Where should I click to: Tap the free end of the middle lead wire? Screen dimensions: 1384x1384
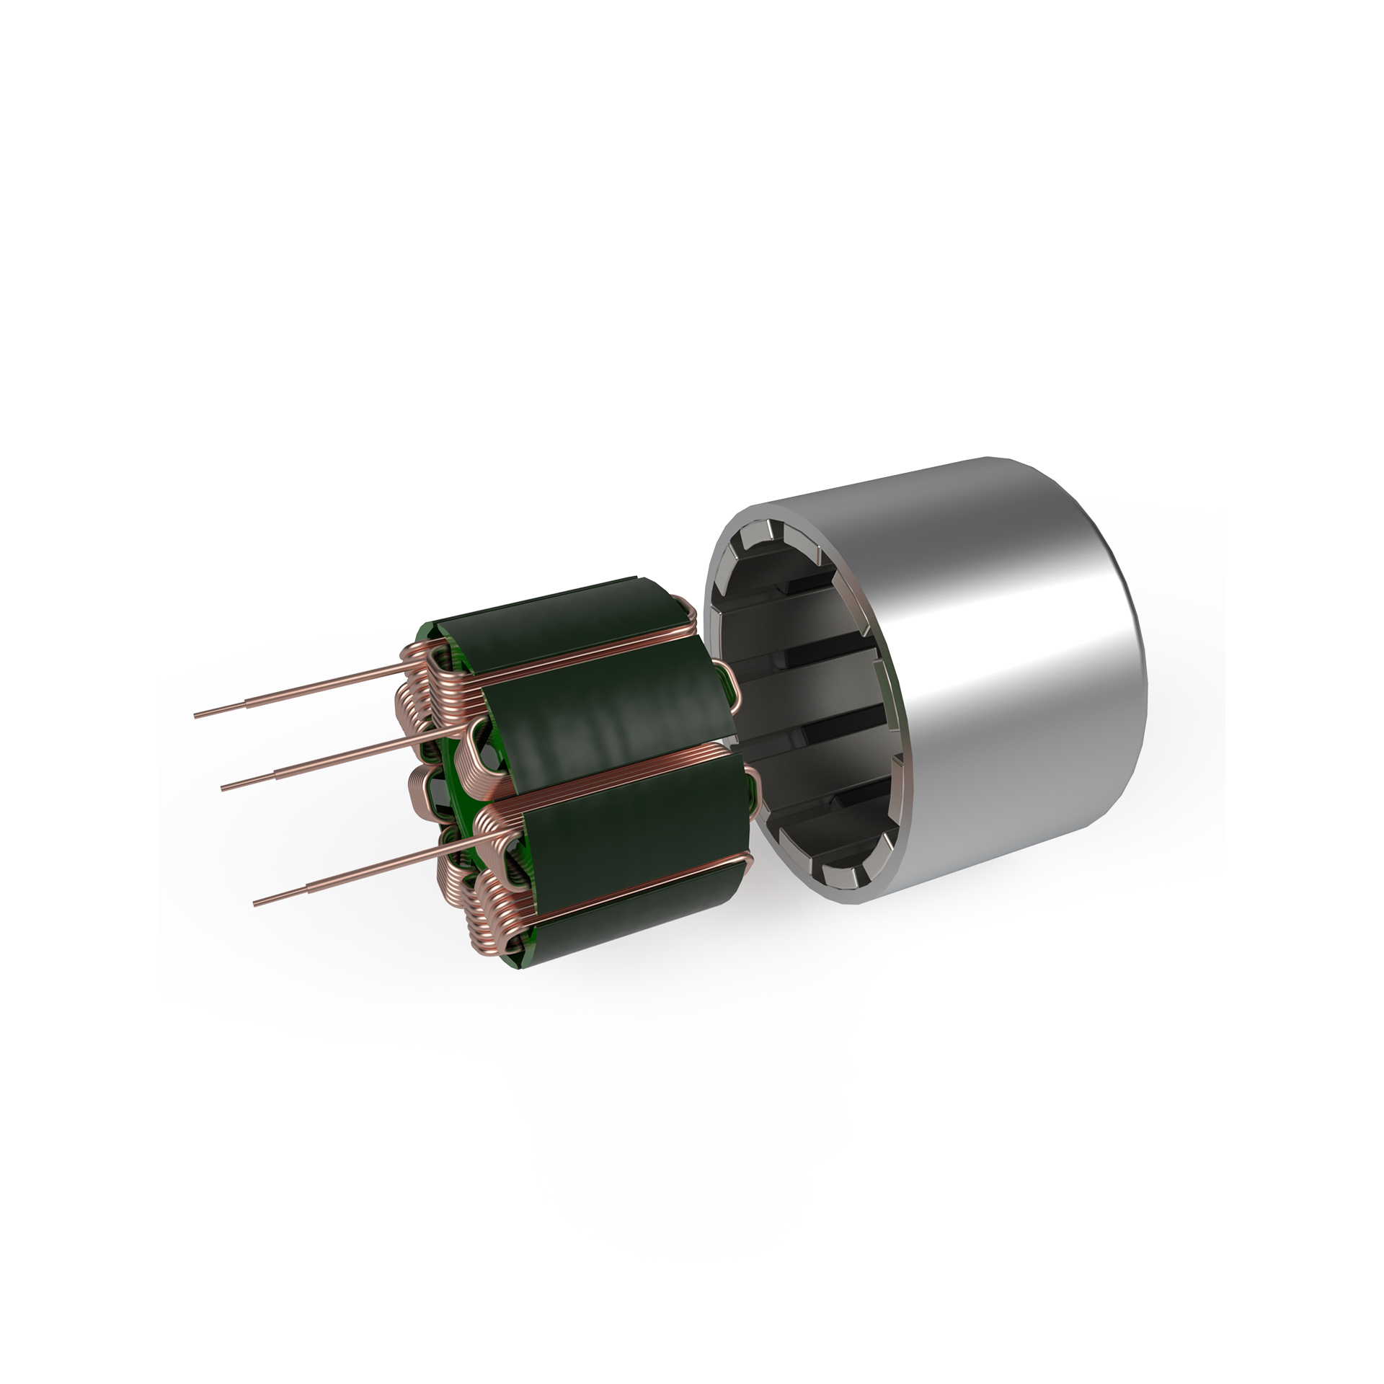pyautogui.click(x=223, y=787)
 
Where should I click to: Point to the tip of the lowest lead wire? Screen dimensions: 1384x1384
pyautogui.click(x=256, y=903)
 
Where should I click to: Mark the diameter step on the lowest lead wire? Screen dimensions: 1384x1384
pyautogui.click(x=310, y=884)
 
